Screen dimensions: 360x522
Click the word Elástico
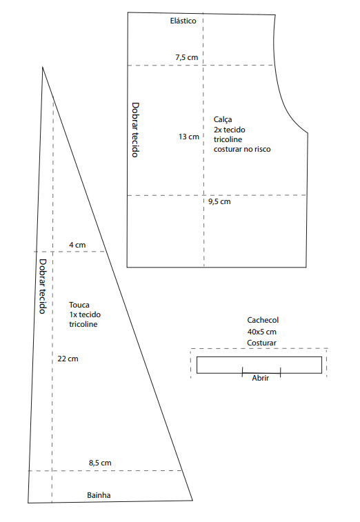183,21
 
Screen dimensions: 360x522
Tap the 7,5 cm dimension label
186,57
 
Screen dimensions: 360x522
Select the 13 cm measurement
188,137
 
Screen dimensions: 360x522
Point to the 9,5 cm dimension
219,201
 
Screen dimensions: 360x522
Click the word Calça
223,119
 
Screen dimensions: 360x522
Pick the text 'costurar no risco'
242,149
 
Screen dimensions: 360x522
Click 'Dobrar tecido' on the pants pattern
135,130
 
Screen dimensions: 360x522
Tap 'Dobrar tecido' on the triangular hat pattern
43,286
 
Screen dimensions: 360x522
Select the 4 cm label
77,245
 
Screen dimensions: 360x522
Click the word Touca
79,305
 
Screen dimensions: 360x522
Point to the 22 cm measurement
68,359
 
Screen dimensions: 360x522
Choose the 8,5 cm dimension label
100,463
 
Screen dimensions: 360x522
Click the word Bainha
99,495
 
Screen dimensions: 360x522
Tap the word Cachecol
263,320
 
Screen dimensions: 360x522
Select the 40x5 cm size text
262,332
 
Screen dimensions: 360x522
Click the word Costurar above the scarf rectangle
261,343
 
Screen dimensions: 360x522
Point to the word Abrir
261,378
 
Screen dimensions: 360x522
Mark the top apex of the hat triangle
42,67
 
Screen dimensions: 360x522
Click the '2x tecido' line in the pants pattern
230,130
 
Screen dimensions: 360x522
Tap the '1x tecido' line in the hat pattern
85,314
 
